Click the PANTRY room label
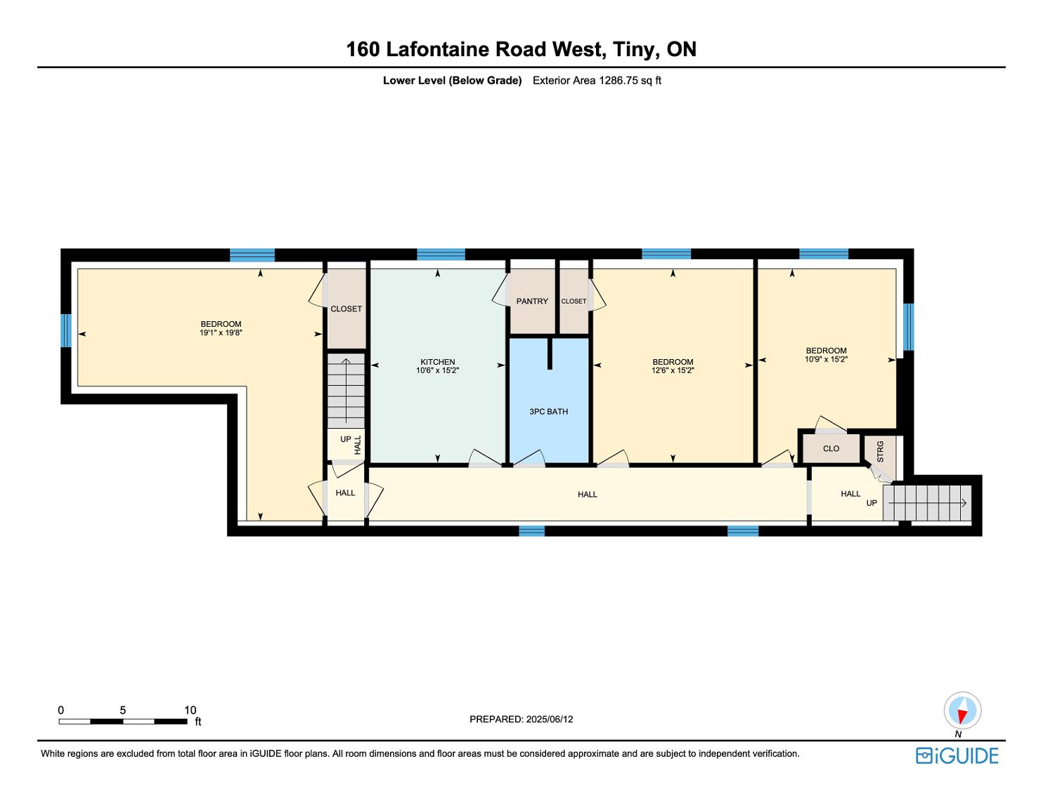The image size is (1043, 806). pos(531,301)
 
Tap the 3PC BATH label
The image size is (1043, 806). pos(548,412)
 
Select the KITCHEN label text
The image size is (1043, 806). pos(437,362)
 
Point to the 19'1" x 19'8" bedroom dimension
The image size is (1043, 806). pos(221,333)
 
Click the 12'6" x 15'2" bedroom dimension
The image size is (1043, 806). pos(673,371)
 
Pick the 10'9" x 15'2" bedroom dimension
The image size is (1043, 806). pos(826,359)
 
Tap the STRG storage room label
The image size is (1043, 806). pos(880,450)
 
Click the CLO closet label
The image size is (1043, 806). pos(831,448)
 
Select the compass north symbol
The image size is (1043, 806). pos(962,712)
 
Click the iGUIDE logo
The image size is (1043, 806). pos(957,755)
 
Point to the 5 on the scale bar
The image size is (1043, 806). pos(122,710)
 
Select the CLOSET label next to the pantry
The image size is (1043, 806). pos(574,301)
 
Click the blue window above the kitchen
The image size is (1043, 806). pos(441,254)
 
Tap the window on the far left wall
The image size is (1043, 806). pos(66,330)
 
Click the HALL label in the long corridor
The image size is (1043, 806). pos(587,495)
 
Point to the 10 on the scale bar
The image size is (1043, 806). pos(190,710)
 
